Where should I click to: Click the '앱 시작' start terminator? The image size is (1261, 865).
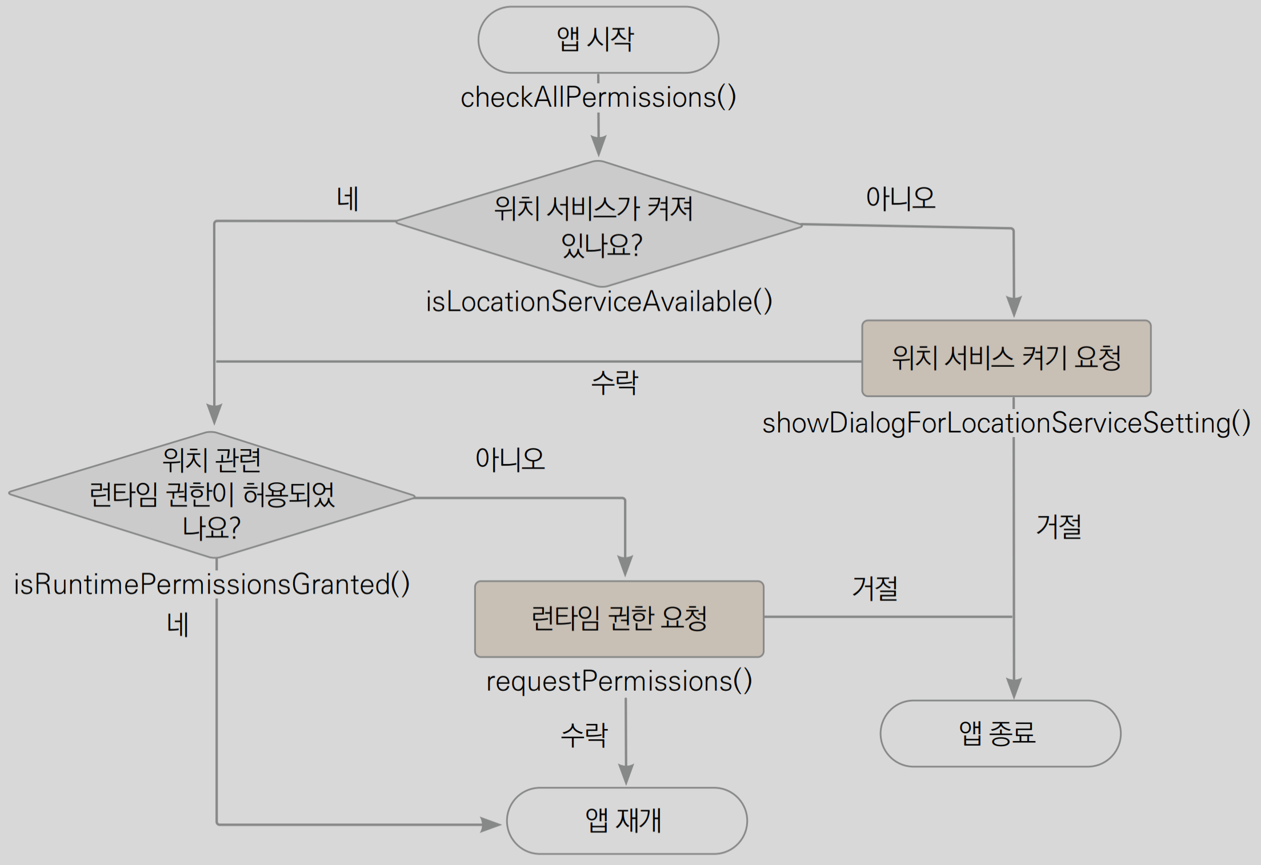[x=598, y=40]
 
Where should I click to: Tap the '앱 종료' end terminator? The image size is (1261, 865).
[x=1000, y=734]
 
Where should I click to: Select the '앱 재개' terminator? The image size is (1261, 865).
[x=626, y=821]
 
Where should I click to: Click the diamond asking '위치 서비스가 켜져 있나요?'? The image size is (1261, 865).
[x=598, y=225]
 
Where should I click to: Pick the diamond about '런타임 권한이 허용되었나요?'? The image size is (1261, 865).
[x=211, y=495]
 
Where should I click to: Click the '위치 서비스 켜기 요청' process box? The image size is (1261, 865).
[x=1006, y=358]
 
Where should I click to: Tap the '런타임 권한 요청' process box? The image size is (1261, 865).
[x=619, y=619]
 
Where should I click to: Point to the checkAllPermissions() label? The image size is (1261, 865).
[x=598, y=97]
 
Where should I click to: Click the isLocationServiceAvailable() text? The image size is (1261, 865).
[x=599, y=302]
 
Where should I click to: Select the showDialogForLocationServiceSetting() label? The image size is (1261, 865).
[x=1006, y=423]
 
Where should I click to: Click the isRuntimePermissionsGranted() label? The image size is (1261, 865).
[x=211, y=584]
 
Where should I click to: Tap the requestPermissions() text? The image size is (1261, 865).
[x=619, y=681]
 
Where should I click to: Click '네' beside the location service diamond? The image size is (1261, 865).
[x=347, y=199]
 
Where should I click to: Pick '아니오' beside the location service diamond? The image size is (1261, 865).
[x=900, y=198]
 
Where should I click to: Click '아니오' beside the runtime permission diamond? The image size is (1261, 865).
[x=510, y=459]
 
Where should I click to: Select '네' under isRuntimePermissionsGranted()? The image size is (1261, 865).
[x=178, y=625]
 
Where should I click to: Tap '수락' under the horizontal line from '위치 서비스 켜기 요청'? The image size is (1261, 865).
[x=614, y=382]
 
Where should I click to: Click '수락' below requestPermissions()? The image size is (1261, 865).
[x=584, y=735]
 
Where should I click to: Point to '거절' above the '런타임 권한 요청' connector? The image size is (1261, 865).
[x=875, y=588]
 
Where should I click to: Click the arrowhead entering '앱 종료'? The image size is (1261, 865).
[x=1014, y=688]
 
